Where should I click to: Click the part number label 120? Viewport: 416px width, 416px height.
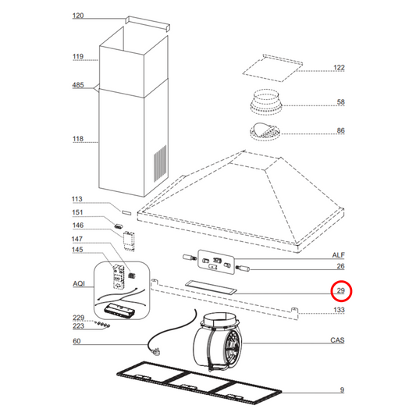tap(77, 16)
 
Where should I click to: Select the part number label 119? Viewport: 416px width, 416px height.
tap(77, 57)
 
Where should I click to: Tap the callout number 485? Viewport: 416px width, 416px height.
tap(77, 86)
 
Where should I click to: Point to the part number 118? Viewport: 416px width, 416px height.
tap(77, 140)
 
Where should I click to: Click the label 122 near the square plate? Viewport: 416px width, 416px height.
tap(339, 68)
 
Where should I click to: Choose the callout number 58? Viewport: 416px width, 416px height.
tap(340, 102)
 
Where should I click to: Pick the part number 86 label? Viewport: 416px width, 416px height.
tap(340, 130)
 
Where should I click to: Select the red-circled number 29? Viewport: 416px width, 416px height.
tap(340, 291)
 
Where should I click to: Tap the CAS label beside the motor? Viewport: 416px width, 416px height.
tap(338, 340)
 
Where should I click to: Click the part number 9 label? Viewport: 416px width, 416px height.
tap(342, 390)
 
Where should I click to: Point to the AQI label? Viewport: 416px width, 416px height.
tap(78, 286)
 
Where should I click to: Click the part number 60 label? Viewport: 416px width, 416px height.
tap(76, 342)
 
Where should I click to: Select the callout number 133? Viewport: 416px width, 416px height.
tap(339, 311)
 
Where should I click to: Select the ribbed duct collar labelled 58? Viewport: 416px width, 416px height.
tap(269, 103)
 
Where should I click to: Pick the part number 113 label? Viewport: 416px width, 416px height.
tap(77, 199)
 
